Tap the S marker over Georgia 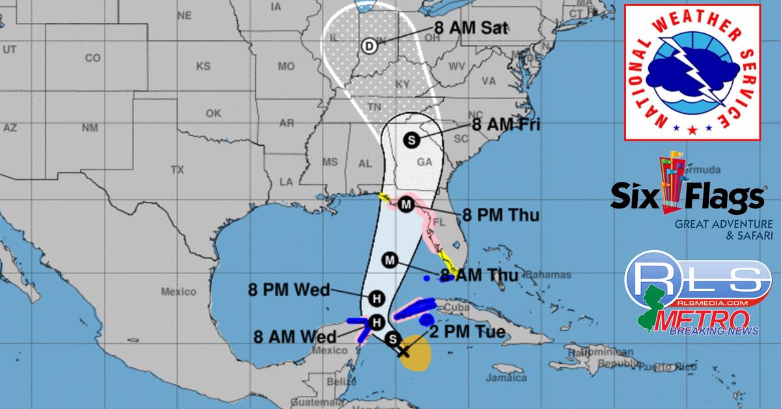[411, 139]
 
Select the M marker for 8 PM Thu [407, 205]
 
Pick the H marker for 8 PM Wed [376, 299]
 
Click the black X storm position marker [403, 352]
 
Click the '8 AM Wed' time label [295, 337]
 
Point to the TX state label [177, 169]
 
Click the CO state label [92, 58]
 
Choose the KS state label [204, 66]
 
